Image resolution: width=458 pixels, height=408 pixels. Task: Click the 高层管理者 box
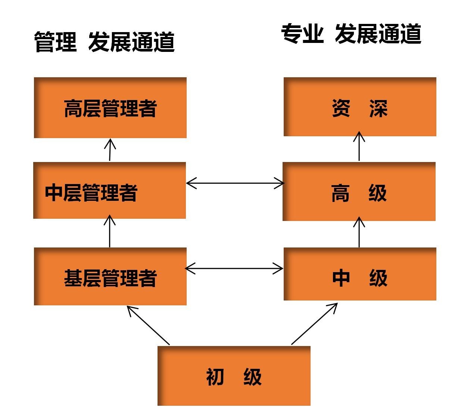[110, 108]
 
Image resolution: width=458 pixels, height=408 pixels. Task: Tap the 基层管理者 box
[110, 277]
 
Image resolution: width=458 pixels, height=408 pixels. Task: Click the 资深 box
[360, 107]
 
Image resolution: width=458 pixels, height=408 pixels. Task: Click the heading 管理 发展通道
[105, 42]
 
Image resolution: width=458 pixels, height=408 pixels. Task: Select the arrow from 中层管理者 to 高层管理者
[110, 150]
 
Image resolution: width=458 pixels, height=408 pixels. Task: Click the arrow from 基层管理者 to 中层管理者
[109, 231]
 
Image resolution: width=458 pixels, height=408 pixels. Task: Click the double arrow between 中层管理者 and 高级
[235, 183]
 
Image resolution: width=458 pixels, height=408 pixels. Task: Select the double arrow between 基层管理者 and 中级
[234, 268]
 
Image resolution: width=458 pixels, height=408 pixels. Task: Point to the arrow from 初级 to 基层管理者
[148, 325]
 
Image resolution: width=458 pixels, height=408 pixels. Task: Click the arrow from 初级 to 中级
[314, 324]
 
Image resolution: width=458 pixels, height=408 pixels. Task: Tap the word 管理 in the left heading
[56, 42]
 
